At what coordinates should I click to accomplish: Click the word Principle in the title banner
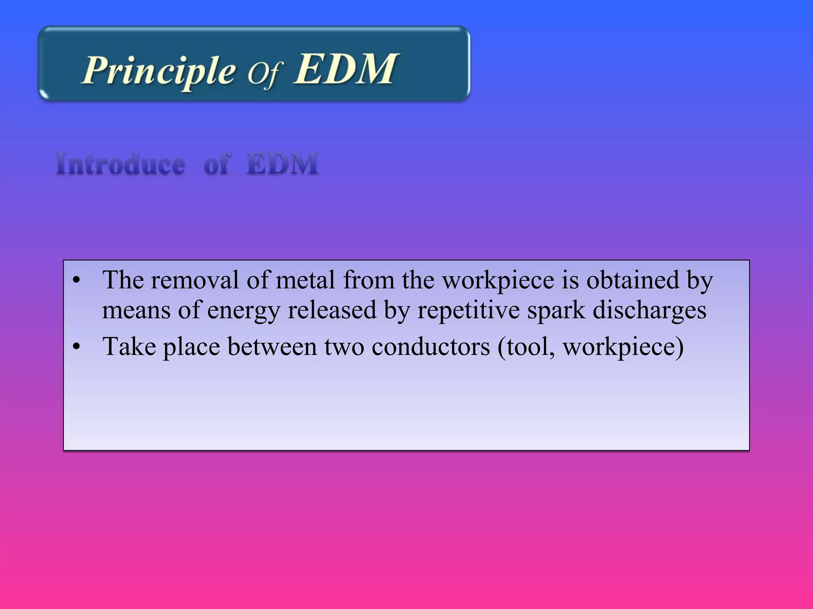pos(159,71)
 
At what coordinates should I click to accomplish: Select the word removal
pos(195,280)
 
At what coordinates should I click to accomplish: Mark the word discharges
pos(649,310)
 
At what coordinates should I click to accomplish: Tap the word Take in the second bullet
pos(129,347)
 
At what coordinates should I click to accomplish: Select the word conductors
pos(431,347)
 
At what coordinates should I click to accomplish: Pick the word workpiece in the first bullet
pos(498,281)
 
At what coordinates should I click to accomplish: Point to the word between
pos(272,347)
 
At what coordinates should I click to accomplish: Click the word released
pos(332,310)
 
